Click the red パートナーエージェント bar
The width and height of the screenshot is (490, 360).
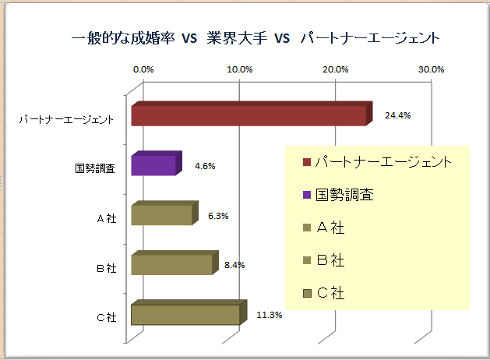(248, 115)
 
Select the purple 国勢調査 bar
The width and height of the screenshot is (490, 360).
(153, 165)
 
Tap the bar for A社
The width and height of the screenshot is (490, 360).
(161, 214)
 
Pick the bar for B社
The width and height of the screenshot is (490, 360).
(171, 264)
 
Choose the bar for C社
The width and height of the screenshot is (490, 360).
(185, 314)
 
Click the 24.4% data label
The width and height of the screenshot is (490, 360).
(398, 115)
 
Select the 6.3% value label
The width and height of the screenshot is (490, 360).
(218, 216)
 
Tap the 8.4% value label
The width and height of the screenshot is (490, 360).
(234, 265)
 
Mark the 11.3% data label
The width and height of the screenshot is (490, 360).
(270, 315)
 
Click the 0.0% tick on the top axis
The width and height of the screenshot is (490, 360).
(143, 69)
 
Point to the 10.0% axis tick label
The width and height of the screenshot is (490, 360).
(240, 69)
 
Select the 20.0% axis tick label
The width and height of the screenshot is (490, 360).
(336, 69)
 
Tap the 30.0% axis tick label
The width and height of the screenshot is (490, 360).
(432, 69)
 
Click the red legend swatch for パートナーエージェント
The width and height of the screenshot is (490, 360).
(307, 163)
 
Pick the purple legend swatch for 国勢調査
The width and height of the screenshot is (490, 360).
(307, 196)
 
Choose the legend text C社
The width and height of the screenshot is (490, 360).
(333, 294)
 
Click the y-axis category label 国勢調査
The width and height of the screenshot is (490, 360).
(95, 168)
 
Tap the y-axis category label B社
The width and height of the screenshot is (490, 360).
(106, 268)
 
